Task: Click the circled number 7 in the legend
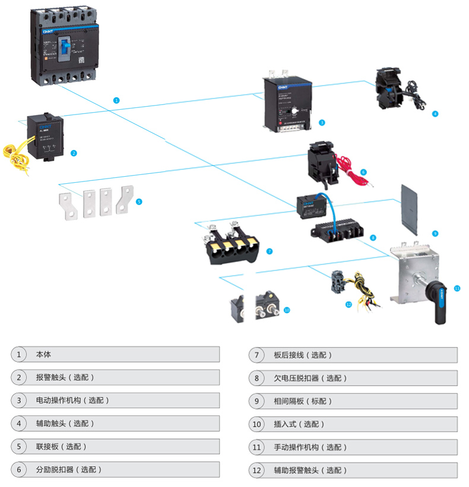pos(256,355)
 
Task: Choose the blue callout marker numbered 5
pos(139,202)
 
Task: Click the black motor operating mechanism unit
pos(286,104)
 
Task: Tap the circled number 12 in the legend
pos(256,470)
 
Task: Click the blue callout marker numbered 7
pos(270,252)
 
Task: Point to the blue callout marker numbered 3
pos(321,123)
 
